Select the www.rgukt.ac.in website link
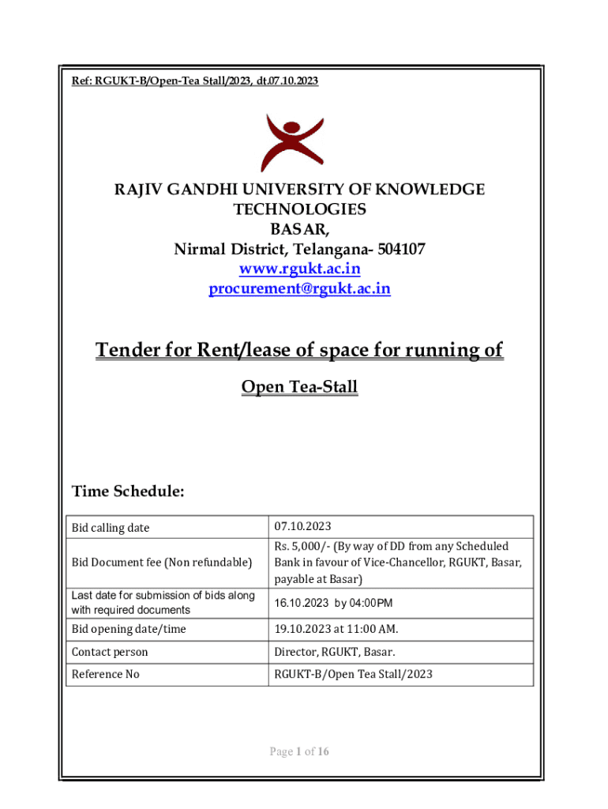click(299, 269)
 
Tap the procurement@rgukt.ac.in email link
click(299, 289)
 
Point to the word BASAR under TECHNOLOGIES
click(299, 230)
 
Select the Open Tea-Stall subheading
click(299, 387)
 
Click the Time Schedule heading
click(129, 491)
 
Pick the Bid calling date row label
click(111, 528)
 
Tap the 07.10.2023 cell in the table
click(302, 527)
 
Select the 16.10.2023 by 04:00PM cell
click(333, 603)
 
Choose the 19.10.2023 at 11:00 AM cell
click(336, 630)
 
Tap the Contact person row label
click(110, 653)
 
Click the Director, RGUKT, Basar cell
click(334, 653)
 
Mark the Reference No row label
click(105, 675)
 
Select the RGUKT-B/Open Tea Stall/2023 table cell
click(353, 675)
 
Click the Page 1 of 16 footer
click(299, 751)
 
